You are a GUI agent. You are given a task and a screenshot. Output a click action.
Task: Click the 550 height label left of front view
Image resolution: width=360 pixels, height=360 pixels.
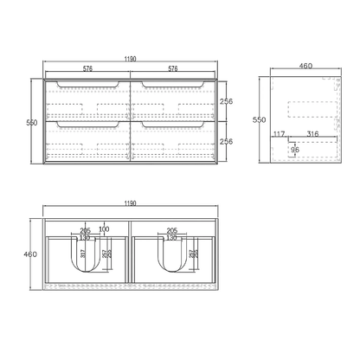(x=31, y=122)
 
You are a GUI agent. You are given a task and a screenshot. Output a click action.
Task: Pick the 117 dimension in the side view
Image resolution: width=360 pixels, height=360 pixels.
(x=279, y=133)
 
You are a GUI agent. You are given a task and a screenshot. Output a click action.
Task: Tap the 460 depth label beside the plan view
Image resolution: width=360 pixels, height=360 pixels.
(x=31, y=254)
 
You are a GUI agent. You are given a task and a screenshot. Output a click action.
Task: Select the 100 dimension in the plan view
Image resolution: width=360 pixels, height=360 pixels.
(x=104, y=229)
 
